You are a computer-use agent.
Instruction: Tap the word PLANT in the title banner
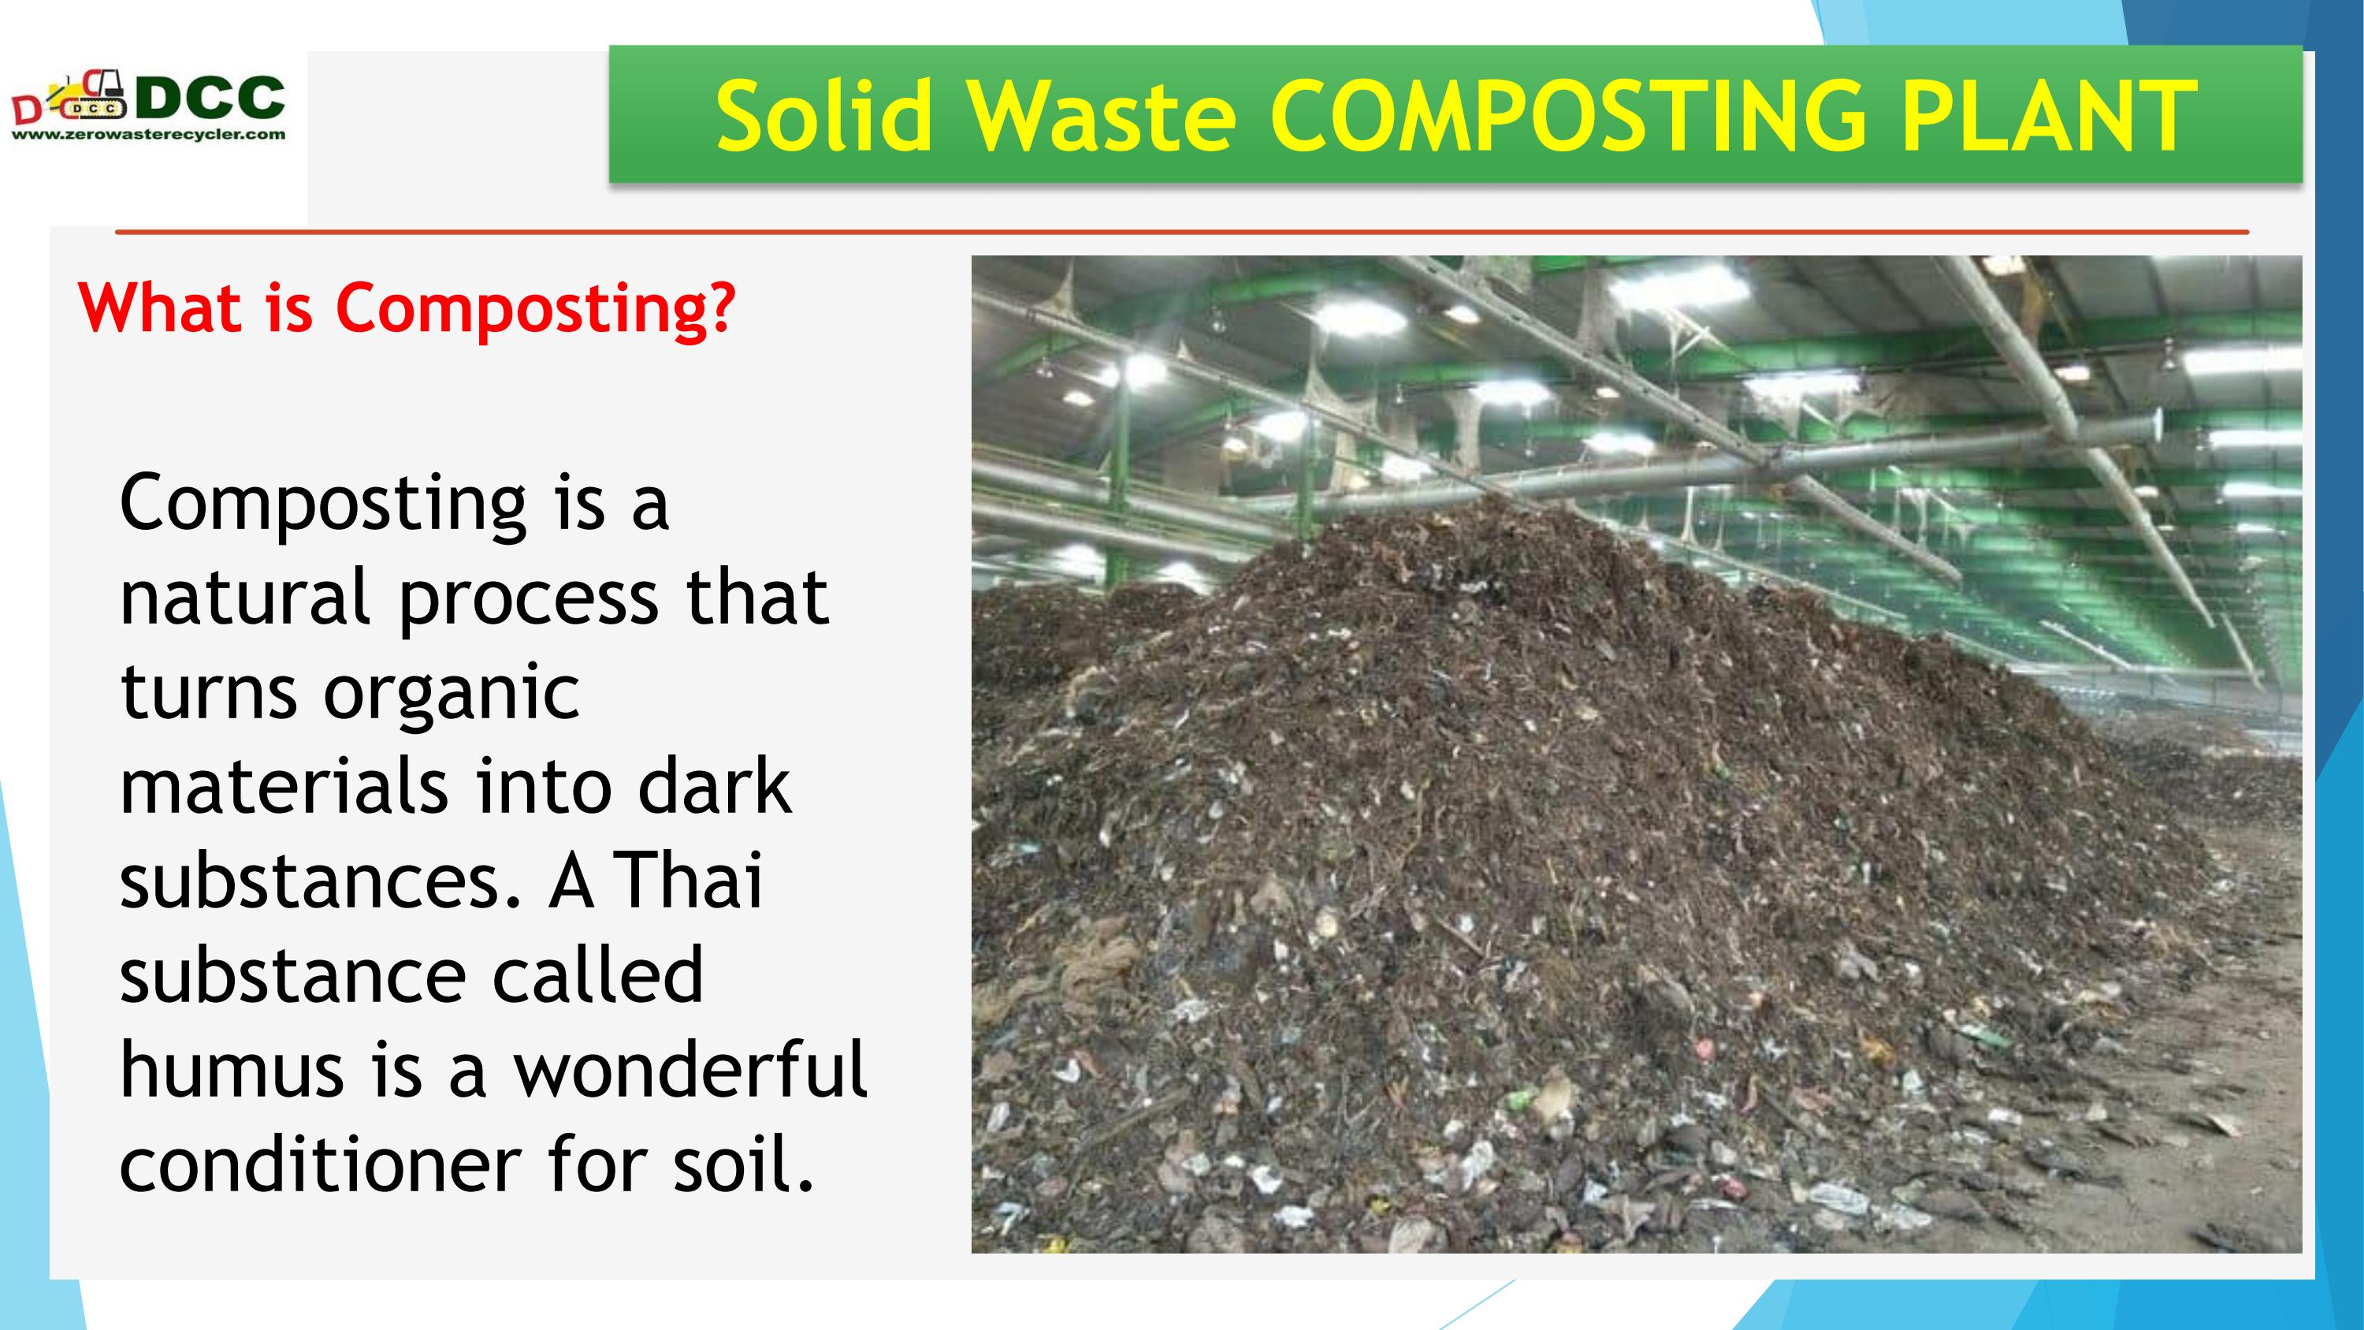pos(2048,117)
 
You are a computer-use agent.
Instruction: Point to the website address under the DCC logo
pos(149,135)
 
